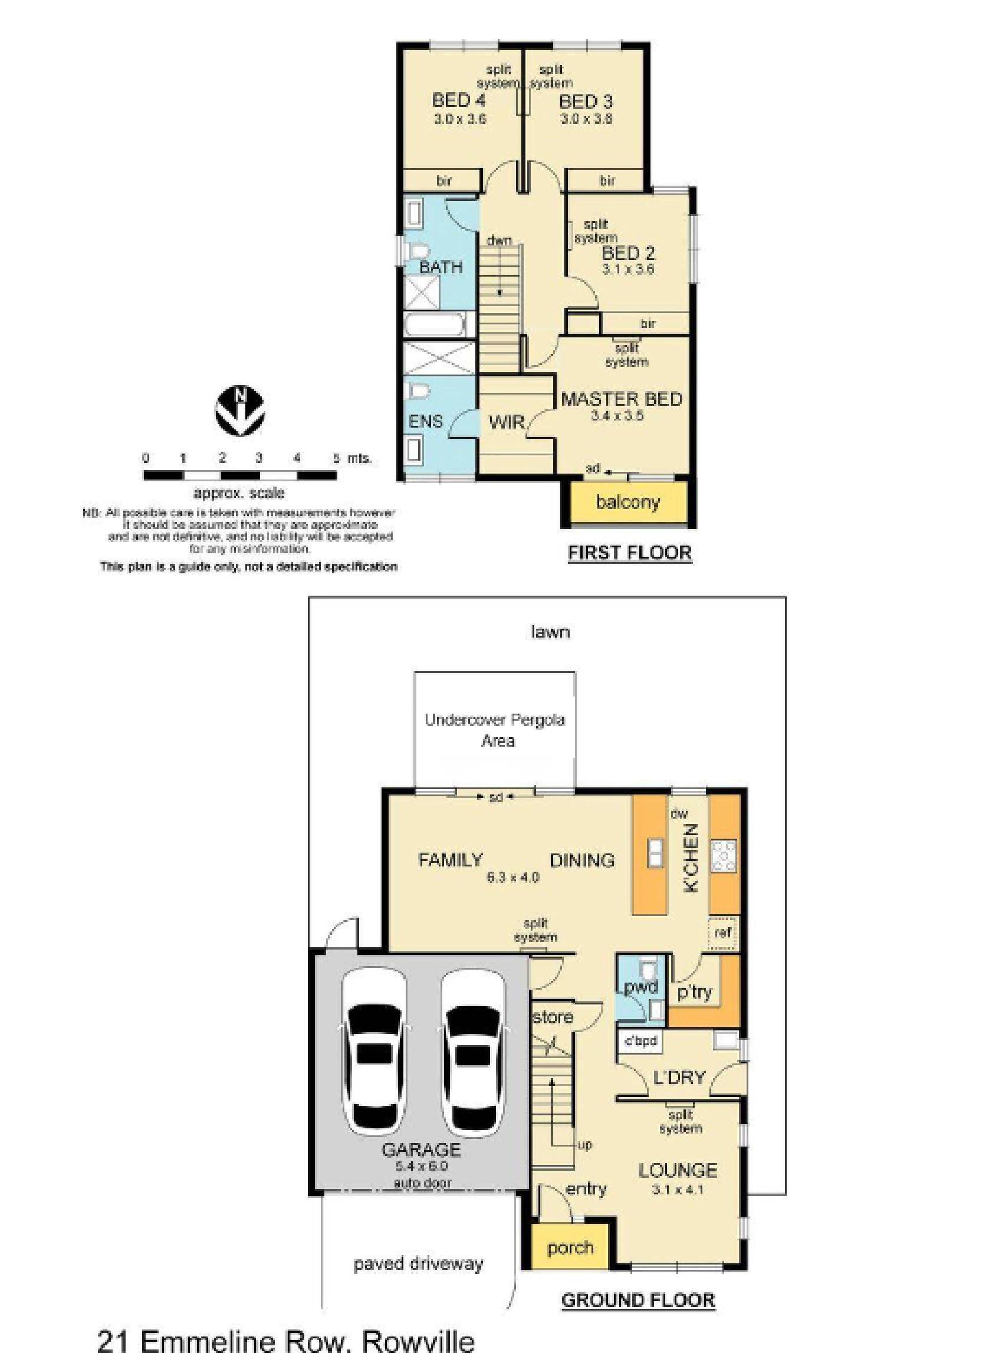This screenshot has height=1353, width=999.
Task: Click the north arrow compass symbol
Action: pos(240,410)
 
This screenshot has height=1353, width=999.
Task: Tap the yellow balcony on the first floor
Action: pos(627,502)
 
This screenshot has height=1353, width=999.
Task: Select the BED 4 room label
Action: pos(458,99)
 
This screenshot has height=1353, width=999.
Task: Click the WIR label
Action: pos(507,422)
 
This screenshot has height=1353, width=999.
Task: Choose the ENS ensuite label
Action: pos(426,422)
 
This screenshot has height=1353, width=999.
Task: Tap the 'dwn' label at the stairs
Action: pos(500,241)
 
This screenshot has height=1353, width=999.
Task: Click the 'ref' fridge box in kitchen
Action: pos(723,932)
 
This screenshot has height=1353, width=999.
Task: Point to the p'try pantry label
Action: pos(695,992)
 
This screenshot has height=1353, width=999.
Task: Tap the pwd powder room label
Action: pos(640,988)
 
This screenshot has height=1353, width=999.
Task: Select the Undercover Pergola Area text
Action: pos(495,730)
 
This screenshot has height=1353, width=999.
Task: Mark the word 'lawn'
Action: pos(550,632)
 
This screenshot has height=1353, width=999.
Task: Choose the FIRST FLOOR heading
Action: pos(629,552)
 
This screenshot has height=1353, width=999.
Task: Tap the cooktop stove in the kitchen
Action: pos(724,856)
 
